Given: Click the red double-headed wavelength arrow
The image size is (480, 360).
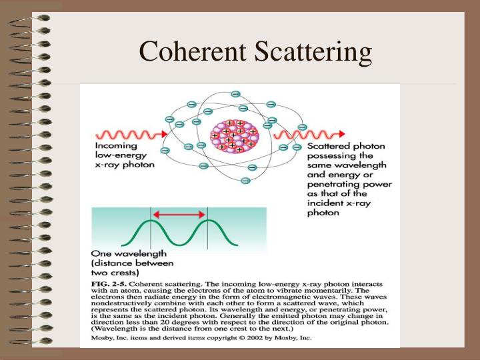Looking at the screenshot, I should click(x=179, y=215).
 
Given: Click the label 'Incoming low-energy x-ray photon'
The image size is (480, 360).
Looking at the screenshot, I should click(x=125, y=155).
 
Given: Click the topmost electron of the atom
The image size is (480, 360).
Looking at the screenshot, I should click(x=235, y=94).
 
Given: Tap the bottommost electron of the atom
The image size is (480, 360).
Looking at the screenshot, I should click(x=245, y=181).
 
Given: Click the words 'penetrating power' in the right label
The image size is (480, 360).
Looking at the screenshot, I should click(x=349, y=184).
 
